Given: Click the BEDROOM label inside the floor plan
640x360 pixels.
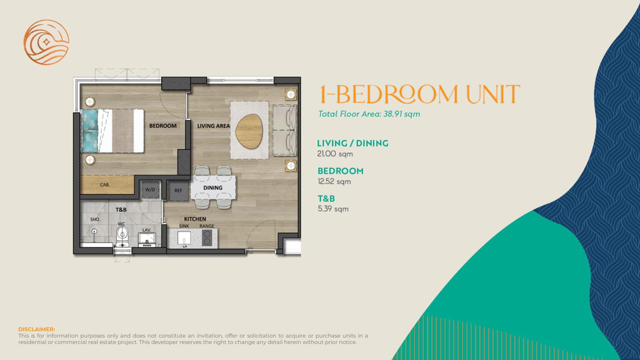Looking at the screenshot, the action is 163,126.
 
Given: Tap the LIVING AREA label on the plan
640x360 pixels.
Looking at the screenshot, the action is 213,126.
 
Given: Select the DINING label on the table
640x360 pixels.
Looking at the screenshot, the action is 213,188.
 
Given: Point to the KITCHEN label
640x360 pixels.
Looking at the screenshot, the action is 195,219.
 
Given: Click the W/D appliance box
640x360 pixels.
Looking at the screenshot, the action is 150,190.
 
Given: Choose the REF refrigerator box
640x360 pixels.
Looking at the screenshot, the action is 178,191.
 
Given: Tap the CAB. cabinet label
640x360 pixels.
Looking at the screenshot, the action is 105,185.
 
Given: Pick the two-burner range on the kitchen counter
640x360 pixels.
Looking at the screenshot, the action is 207,238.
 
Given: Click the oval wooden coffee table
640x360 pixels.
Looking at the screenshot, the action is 249,131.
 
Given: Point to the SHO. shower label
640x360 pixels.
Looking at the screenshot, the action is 95,220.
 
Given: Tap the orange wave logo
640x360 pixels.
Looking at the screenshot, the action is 46,42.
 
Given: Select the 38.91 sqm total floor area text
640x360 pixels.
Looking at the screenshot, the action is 402,114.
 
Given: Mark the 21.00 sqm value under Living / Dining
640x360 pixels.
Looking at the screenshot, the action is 335,154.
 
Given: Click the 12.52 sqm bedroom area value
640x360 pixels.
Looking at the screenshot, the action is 334,181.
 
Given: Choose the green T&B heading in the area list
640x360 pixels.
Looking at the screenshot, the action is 326,199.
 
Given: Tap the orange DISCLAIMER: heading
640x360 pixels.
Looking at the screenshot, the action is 36,329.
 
